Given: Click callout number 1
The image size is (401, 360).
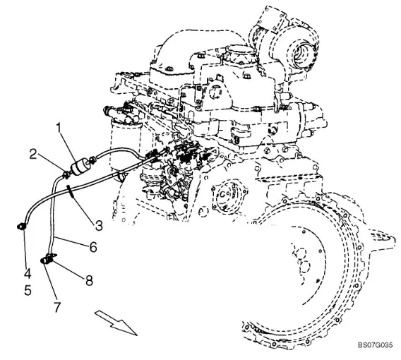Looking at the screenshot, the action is point(59,128).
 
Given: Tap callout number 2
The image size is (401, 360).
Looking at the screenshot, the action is point(33,154).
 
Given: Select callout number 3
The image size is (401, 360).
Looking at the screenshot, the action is point(98,225).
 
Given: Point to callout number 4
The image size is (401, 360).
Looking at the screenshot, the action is point(28,273).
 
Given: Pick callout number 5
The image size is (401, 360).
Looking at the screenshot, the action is point(28,290).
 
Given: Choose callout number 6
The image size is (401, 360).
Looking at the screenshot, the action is point(92,247).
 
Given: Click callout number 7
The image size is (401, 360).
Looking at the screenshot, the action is point(56,307).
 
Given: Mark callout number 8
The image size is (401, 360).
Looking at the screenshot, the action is point(89,281).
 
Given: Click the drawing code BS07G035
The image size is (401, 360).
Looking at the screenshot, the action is point(375,345).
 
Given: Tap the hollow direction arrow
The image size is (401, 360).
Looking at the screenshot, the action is point(116,323).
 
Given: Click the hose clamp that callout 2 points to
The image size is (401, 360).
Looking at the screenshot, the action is point(66,174).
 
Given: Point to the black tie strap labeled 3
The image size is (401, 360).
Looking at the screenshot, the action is point(71,192).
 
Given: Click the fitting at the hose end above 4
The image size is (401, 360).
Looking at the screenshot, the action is point(21,226).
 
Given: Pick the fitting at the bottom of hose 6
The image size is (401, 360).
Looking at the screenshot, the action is point(47,260).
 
